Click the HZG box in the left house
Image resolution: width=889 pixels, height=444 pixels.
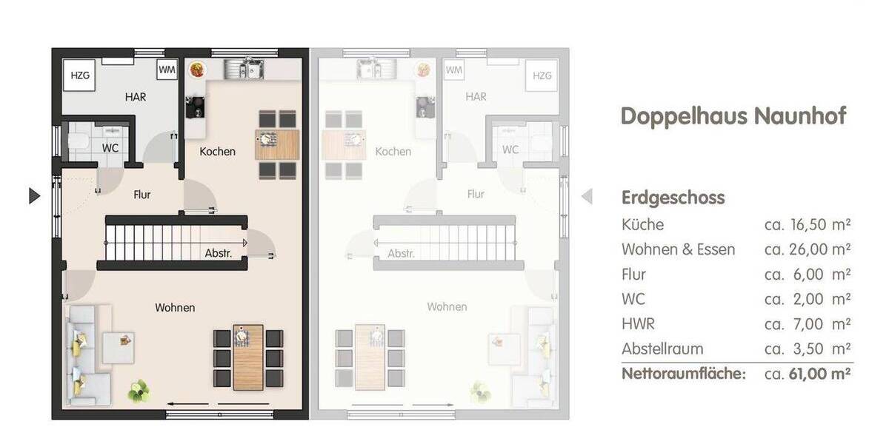pos(79,75)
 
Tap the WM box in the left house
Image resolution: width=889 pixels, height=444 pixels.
pos(167,70)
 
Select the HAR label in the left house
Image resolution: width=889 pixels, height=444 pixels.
pos(135,97)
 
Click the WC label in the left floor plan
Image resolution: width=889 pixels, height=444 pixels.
pos(110,148)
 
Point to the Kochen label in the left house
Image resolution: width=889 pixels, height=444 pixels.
pos(218,151)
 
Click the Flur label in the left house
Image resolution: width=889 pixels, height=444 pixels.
pos(142,195)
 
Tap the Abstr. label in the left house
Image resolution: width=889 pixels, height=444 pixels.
pos(219,253)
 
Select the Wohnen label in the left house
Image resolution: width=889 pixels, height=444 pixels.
pos(176,307)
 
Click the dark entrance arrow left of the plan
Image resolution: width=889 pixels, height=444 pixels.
pos(33,195)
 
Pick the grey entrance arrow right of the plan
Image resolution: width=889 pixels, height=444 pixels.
pos(587,196)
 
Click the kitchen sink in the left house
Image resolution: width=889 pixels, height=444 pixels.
pos(244,70)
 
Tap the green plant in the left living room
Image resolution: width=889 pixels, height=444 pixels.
pos(138,390)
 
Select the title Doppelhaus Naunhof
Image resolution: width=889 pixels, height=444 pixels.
pos(733,116)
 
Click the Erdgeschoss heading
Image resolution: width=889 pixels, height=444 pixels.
pos(673,198)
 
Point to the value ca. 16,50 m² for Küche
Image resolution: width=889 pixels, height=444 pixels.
pos(807,224)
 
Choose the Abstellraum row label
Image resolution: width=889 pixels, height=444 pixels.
pos(662,349)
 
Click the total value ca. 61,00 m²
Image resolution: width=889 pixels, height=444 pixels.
pos(807,374)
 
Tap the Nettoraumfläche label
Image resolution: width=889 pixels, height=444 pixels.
pos(683,374)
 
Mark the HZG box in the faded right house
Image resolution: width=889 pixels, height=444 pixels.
pos(542,75)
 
